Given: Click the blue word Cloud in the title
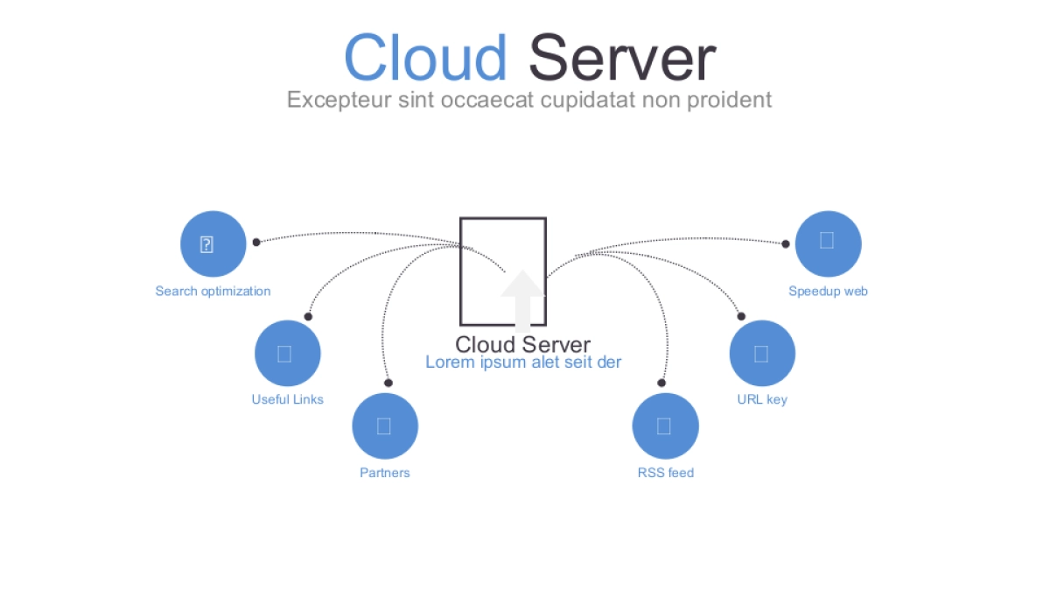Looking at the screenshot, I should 425,58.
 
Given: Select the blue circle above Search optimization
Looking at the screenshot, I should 213,244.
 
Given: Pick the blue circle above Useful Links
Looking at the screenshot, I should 288,354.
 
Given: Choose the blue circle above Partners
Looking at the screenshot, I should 385,426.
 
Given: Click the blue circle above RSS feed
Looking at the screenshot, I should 665,426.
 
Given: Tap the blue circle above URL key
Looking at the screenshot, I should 762,354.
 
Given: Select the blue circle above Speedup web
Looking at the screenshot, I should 828,244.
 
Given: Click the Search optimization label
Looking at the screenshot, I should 213,292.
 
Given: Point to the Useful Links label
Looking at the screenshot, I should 287,400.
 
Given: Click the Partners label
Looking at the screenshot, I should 384,474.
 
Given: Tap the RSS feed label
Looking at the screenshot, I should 665,474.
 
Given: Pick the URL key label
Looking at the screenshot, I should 762,400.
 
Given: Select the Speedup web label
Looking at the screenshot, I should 828,292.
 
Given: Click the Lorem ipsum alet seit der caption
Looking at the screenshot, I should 523,362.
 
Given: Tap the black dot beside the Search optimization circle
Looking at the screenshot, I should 256,242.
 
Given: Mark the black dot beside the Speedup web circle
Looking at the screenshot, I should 786,244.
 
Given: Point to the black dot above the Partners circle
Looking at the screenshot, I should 388,383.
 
